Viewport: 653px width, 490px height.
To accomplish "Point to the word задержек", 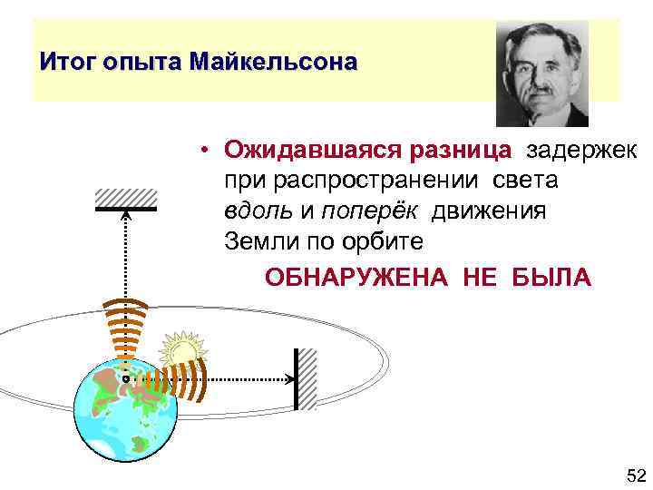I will [x=582, y=150].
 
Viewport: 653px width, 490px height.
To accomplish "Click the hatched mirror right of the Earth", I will [x=305, y=378].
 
